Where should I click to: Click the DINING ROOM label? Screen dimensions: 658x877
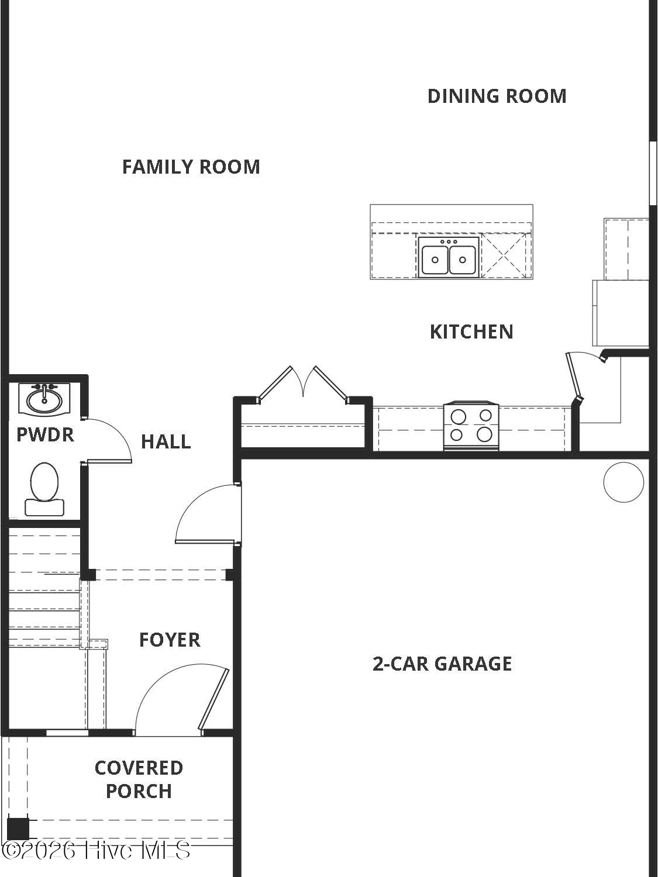497,96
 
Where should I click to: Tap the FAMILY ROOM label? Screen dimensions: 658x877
191,167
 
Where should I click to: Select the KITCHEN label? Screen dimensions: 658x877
471,332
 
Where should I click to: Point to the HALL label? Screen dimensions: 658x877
166,442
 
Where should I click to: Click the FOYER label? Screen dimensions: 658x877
170,640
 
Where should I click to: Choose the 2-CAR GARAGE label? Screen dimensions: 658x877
442,664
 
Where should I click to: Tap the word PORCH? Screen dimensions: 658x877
139,792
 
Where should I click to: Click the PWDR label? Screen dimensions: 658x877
45,435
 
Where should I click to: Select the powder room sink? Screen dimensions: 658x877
44,399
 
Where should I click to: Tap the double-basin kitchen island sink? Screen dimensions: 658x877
449,257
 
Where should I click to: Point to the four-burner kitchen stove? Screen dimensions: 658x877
471,426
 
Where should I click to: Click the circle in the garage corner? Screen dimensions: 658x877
623,482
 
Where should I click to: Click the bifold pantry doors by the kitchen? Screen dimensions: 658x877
303,384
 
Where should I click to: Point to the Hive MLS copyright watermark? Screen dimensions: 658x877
96,851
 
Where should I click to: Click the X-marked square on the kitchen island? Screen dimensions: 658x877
505,255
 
